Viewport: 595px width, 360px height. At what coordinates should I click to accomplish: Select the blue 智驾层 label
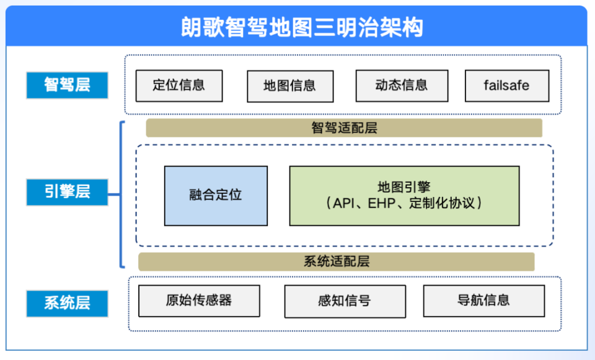pos(67,85)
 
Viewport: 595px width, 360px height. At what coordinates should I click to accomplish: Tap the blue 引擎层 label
pos(67,192)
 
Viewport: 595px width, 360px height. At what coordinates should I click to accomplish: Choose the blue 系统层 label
pos(67,303)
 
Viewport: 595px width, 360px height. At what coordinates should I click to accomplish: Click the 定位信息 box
pos(179,85)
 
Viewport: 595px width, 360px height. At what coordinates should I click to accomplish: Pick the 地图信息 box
pos(289,86)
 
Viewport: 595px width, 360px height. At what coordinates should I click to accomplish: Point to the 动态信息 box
pos(402,85)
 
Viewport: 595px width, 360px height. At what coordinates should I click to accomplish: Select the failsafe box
pos(506,86)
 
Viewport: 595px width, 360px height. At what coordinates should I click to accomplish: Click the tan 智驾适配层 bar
pos(344,128)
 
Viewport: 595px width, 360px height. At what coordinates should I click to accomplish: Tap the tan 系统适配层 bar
pos(336,261)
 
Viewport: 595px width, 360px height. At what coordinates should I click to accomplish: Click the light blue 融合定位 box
pos(216,196)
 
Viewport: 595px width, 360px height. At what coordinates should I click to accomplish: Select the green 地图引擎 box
pos(404,196)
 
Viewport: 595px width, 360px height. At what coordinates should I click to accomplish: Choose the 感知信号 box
pos(345,301)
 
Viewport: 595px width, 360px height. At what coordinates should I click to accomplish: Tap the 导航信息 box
pos(483,301)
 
